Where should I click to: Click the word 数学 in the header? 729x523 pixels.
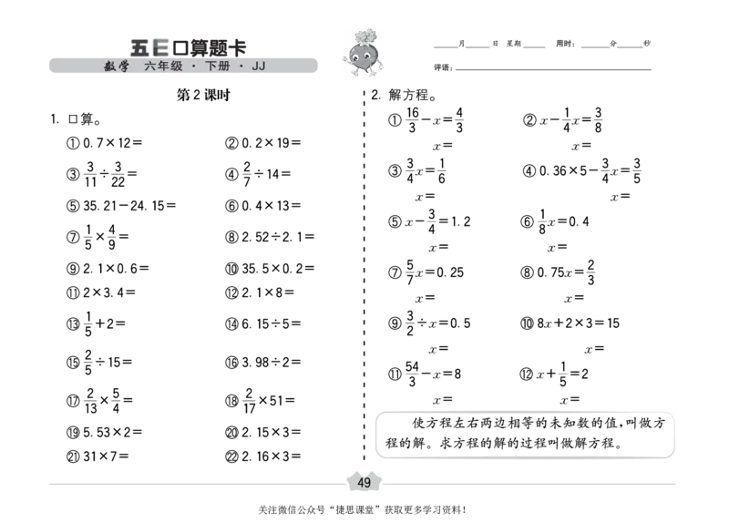coord(117,67)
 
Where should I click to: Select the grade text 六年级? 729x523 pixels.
coord(163,67)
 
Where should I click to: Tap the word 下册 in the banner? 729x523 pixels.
coord(217,67)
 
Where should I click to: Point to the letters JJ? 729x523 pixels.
coord(258,67)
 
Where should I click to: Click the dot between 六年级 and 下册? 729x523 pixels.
coord(194,67)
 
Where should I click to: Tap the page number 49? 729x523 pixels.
coord(364,482)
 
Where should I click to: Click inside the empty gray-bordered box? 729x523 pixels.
coord(525,435)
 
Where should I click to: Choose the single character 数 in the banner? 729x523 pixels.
coord(110,67)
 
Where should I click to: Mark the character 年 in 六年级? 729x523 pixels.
coord(163,67)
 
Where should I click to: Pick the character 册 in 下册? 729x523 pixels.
coord(223,67)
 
